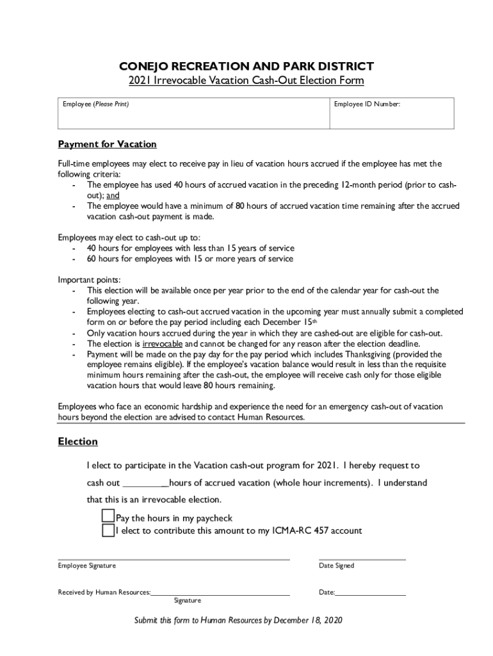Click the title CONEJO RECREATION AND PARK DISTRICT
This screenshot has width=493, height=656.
(x=247, y=67)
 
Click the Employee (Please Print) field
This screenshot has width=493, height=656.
(x=192, y=117)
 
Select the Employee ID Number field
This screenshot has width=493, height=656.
(x=392, y=117)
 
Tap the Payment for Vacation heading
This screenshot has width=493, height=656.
(x=107, y=144)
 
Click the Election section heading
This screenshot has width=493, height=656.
(x=77, y=441)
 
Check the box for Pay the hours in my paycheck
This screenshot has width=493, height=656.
(x=108, y=516)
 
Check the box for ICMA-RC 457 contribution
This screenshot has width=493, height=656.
(x=108, y=530)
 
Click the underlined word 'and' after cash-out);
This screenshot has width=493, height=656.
(x=113, y=195)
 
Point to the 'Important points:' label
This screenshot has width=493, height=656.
(x=89, y=280)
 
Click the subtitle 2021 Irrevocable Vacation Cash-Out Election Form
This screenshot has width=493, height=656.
(x=247, y=81)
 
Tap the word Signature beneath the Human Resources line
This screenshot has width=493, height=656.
(x=187, y=601)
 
